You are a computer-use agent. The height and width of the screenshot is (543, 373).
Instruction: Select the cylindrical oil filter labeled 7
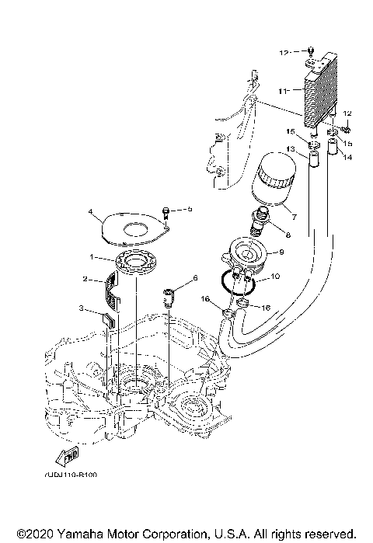pyautogui.click(x=273, y=181)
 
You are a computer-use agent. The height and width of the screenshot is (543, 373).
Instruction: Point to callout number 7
pyautogui.click(x=293, y=212)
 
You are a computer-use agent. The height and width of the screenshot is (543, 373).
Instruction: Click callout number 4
pyautogui.click(x=90, y=211)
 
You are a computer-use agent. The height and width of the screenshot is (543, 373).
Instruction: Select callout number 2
pyautogui.click(x=88, y=278)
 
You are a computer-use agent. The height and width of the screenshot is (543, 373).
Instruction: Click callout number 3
pyautogui.click(x=82, y=308)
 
